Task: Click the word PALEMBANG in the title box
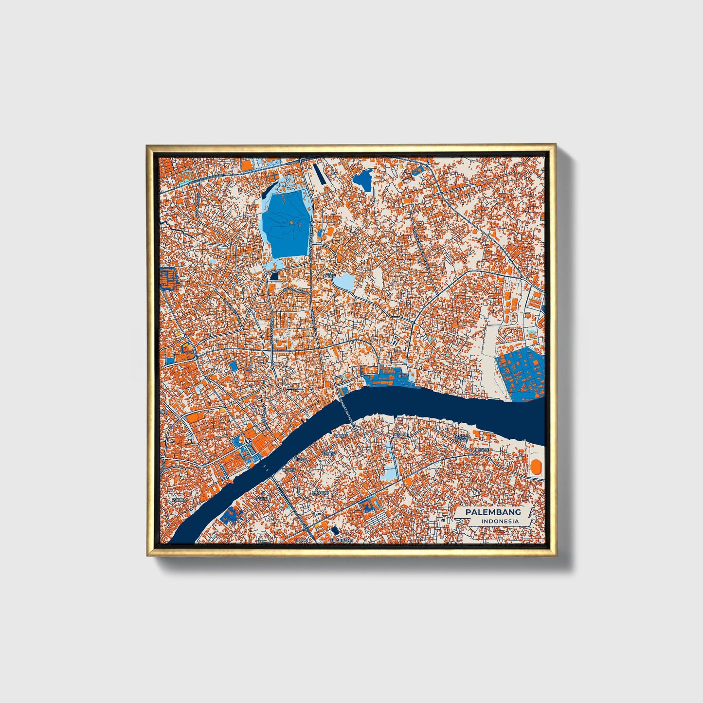click(x=493, y=512)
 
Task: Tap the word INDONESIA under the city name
click(x=500, y=522)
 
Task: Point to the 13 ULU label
click(x=340, y=435)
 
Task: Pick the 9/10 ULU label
click(x=321, y=493)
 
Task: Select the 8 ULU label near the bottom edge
click(x=303, y=540)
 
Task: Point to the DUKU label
click(x=329, y=275)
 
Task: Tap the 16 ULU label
click(x=482, y=450)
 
